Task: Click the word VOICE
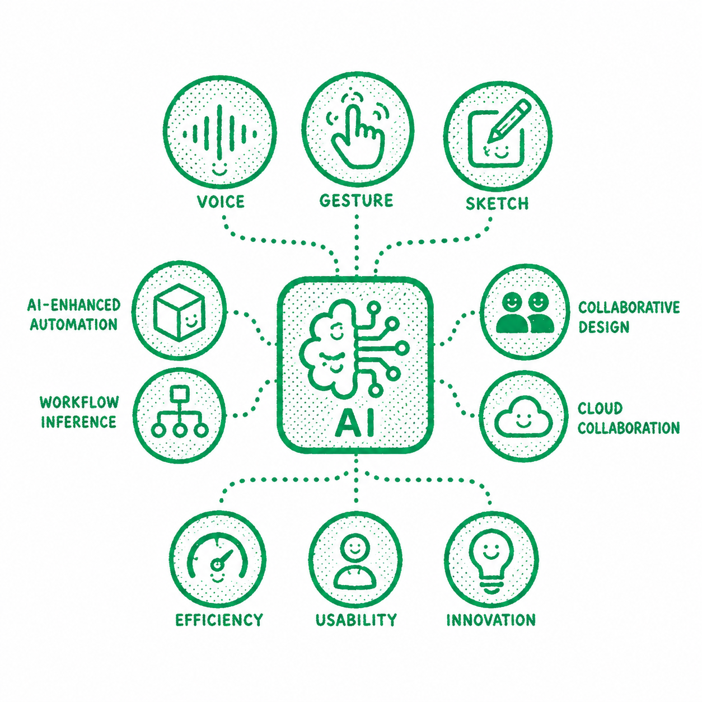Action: (221, 202)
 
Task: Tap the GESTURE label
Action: (356, 200)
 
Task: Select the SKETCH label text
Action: (497, 203)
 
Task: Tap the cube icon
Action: (179, 312)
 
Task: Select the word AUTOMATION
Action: (73, 324)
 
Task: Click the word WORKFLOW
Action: (79, 402)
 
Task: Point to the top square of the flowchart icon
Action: (179, 393)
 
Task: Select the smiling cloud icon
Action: (524, 418)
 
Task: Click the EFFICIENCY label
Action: (219, 620)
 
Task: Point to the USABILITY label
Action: (356, 620)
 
